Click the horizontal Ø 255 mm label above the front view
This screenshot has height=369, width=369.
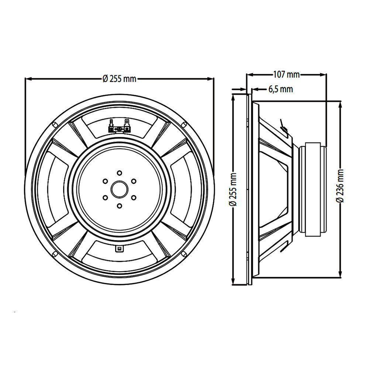119,79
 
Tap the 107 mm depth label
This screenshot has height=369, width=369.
286,75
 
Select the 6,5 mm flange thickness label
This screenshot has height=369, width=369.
280,89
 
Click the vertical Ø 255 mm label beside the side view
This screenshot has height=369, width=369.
233,189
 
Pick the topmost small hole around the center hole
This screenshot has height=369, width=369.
119,173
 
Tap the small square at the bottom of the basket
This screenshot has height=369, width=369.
119,249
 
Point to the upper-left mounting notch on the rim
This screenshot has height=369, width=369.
55,125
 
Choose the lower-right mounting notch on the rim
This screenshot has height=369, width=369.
184,254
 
